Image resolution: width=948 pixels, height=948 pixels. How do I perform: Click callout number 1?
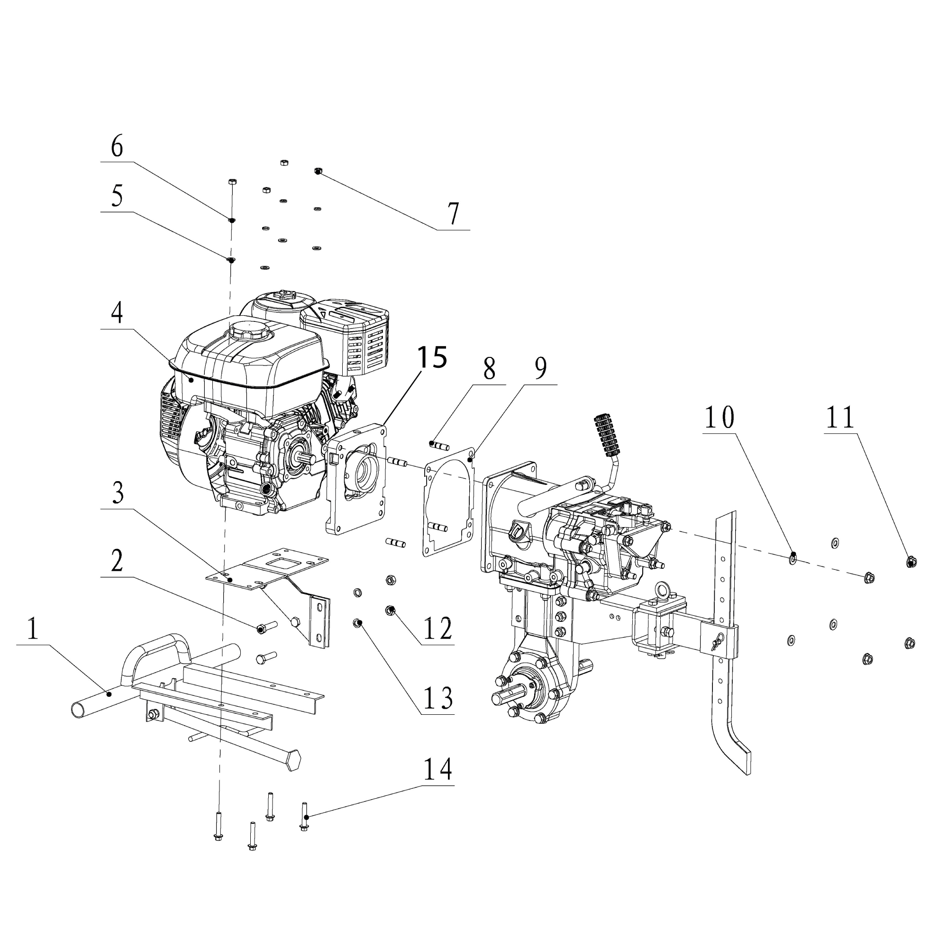pos(32,629)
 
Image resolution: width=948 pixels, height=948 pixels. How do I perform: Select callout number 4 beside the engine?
pos(117,312)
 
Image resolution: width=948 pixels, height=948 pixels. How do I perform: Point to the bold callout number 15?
pos(432,357)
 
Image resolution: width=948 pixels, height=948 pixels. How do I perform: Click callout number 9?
pos(540,368)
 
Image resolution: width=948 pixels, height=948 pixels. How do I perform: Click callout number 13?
pos(438,698)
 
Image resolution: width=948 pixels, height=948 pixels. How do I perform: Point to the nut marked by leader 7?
pos(318,171)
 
